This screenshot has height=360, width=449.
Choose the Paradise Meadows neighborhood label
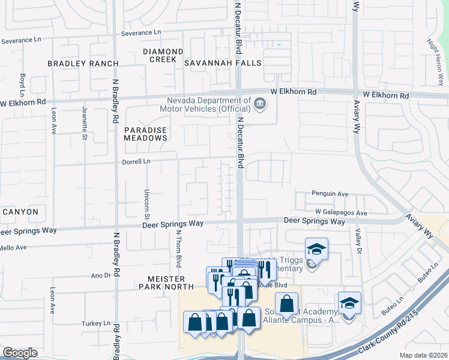click(145, 134)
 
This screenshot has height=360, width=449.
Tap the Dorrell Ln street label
click(137, 161)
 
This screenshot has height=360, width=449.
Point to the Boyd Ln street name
click(22, 85)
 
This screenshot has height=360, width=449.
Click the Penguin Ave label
click(330, 194)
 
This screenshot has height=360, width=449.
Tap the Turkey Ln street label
click(98, 323)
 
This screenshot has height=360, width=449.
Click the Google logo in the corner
click(20, 353)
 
